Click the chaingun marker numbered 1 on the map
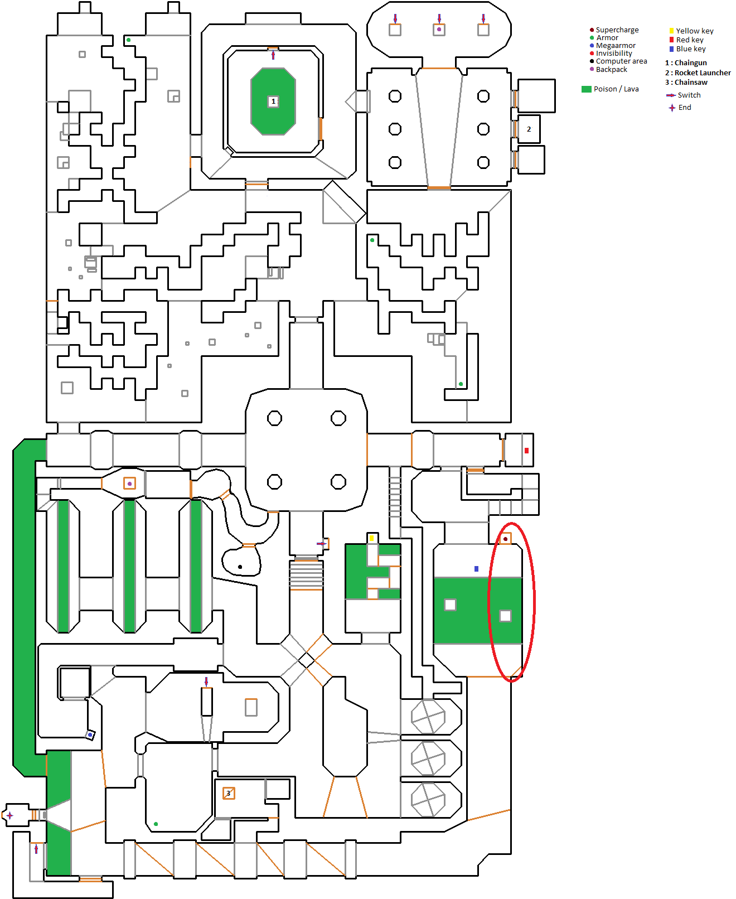point(273,101)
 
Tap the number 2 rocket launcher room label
point(529,129)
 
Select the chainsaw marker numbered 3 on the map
point(229,793)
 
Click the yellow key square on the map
point(372,538)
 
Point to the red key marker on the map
point(526,451)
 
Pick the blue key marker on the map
point(476,569)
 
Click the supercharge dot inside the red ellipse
point(505,539)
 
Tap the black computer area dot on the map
point(240,567)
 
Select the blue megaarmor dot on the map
point(90,735)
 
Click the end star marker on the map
point(9,815)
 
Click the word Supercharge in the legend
point(617,30)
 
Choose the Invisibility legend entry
point(614,54)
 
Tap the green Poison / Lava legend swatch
point(586,89)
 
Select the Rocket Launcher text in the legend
point(703,73)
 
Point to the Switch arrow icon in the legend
point(671,95)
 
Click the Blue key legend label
point(691,49)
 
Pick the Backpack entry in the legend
point(611,70)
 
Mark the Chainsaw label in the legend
point(691,83)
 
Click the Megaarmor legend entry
point(616,46)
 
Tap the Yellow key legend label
point(695,31)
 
